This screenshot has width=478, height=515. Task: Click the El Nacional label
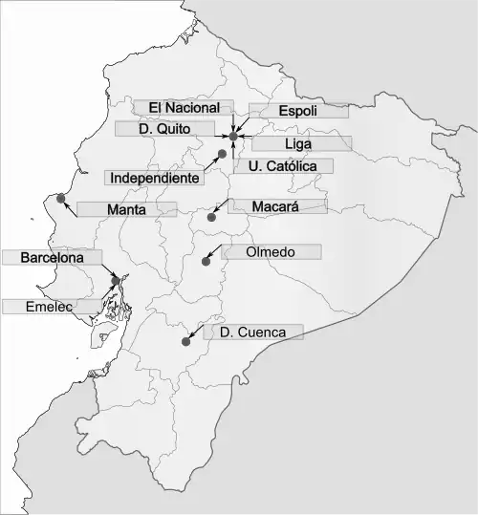click(x=184, y=108)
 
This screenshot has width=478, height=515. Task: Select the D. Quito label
click(x=164, y=128)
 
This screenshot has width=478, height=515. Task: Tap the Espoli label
click(x=297, y=111)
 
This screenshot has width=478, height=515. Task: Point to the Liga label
click(x=298, y=143)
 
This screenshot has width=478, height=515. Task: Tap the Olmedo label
click(x=271, y=252)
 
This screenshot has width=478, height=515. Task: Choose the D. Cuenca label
click(x=252, y=333)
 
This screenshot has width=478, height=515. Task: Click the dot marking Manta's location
click(x=61, y=198)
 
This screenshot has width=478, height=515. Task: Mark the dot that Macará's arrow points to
click(x=212, y=218)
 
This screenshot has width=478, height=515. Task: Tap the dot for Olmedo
click(x=206, y=260)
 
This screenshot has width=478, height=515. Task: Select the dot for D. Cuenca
click(x=185, y=341)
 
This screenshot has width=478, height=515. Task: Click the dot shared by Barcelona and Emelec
click(x=116, y=280)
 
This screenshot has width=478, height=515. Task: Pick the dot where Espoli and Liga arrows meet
click(x=233, y=137)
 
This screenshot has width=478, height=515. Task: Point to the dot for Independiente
click(x=222, y=153)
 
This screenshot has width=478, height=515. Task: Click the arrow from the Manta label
click(x=71, y=205)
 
